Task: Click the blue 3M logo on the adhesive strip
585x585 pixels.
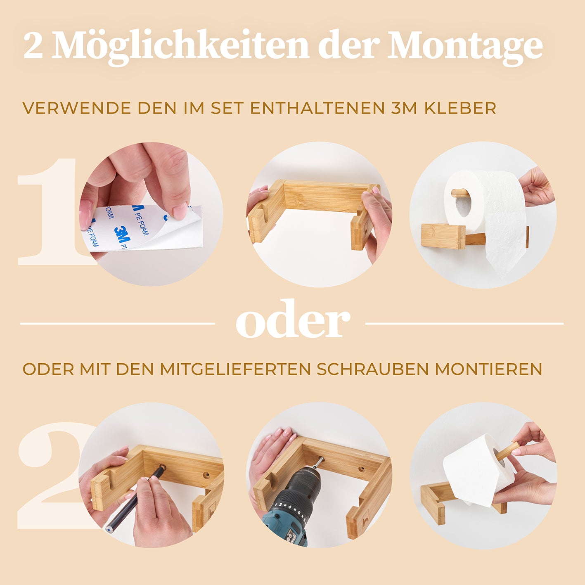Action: [122, 234]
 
